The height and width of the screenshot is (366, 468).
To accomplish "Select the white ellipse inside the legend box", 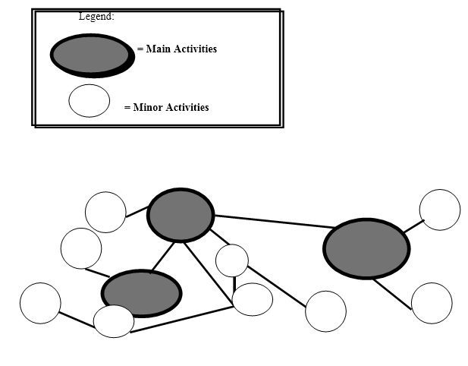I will (90, 101).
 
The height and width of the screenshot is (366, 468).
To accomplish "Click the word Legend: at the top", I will (96, 16).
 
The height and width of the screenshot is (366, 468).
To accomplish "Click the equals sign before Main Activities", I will (140, 49).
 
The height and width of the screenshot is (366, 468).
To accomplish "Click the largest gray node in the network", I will (366, 248).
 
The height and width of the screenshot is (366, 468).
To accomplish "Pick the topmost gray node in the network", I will (180, 215).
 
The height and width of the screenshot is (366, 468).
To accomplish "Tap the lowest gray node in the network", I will (142, 292).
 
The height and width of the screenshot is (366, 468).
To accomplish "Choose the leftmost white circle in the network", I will (40, 302).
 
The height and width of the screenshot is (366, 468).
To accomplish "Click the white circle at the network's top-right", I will (439, 210).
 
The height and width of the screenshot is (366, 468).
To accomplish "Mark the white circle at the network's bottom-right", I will (432, 303).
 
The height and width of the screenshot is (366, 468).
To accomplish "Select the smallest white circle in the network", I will (232, 260).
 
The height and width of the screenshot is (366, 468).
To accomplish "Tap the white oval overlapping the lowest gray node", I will (114, 321).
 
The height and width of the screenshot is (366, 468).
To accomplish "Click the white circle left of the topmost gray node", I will (105, 212).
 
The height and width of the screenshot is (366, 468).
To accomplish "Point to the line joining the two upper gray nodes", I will (269, 222).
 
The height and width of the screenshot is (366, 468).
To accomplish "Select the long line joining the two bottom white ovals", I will (183, 320).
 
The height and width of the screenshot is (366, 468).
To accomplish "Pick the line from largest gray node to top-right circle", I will (413, 226).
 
